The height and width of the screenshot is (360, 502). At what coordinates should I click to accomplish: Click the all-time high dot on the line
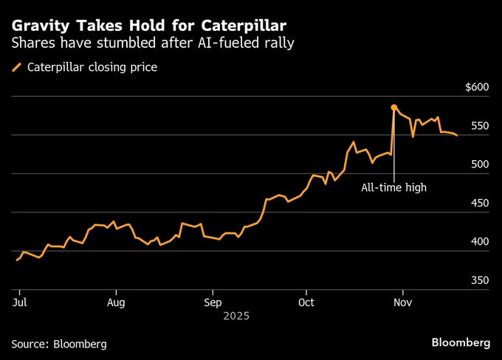393,108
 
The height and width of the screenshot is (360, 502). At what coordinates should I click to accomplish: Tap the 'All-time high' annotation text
393,187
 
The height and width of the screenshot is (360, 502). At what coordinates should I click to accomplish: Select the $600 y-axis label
477,87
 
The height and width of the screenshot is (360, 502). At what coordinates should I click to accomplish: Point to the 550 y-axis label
479,126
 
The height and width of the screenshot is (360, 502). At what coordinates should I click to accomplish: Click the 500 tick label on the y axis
479,165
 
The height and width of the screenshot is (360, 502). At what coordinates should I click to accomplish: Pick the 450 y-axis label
479,204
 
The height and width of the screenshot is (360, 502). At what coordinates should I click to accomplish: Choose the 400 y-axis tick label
479,242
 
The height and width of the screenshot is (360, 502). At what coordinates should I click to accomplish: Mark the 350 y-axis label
479,281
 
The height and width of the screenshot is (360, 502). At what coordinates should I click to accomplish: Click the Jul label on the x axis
20,302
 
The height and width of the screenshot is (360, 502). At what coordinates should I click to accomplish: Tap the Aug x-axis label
116,302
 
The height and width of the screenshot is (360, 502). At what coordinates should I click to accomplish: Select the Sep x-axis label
213,302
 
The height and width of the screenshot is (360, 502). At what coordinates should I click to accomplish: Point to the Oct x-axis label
306,302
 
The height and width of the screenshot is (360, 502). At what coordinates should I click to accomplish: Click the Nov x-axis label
402,302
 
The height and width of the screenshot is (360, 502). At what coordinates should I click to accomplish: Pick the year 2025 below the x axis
236,316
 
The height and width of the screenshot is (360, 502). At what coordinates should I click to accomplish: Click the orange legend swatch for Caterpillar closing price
16,68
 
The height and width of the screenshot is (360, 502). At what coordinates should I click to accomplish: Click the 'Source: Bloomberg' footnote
59,344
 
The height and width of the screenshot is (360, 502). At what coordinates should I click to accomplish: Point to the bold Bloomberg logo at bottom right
461,343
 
